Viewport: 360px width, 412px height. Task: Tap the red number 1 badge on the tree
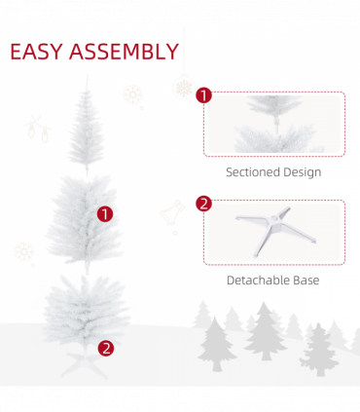105,213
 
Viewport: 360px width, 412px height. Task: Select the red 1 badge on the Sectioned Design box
203,94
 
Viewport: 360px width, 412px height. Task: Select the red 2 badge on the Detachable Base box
203,204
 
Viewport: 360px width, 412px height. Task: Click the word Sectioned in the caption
252,172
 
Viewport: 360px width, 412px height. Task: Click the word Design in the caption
301,172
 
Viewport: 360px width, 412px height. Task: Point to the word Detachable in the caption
259,281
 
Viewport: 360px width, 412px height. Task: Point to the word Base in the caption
306,281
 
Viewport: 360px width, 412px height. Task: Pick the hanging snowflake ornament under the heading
183,86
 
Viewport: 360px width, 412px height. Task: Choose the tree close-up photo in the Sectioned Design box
273,125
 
